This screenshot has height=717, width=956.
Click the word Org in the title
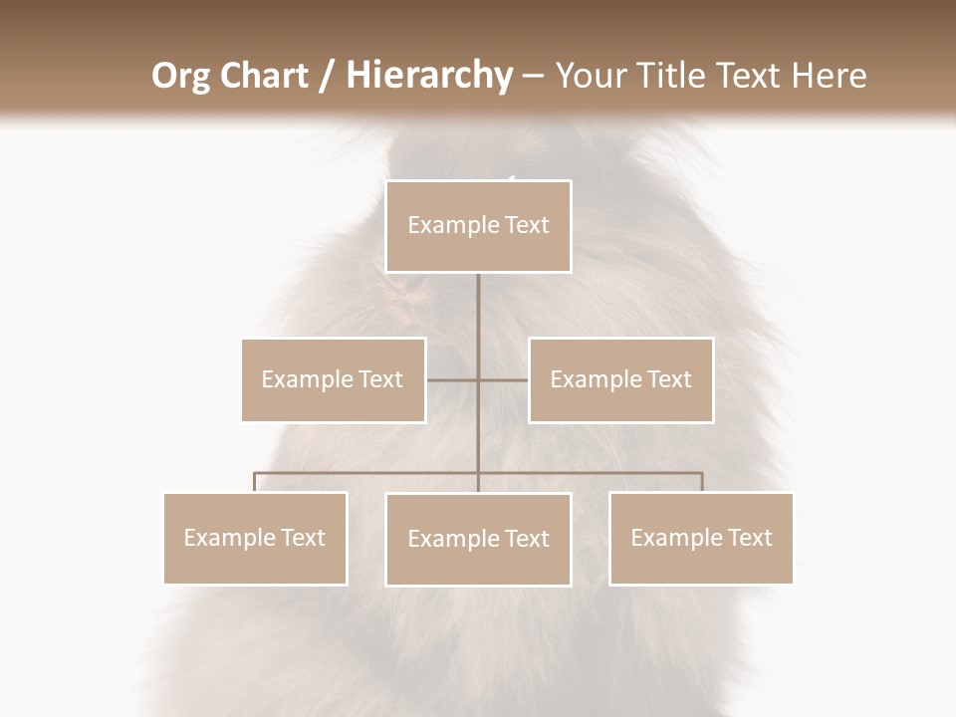[180, 76]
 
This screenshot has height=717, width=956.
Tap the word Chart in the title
[260, 76]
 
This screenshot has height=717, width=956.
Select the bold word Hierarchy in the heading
[429, 76]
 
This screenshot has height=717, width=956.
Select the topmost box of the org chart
[478, 226]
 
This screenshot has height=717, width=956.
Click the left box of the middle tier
[334, 379]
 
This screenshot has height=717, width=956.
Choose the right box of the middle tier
[620, 379]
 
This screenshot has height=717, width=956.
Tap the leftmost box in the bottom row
[255, 538]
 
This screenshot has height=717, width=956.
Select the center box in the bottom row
[478, 539]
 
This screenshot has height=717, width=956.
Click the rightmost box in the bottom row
[701, 538]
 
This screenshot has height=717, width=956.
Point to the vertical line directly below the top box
[478, 319]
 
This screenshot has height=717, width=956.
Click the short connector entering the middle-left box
[450, 379]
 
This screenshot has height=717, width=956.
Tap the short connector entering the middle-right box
[505, 379]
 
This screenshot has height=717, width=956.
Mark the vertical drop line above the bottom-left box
[255, 482]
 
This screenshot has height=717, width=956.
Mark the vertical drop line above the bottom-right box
[702, 482]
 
